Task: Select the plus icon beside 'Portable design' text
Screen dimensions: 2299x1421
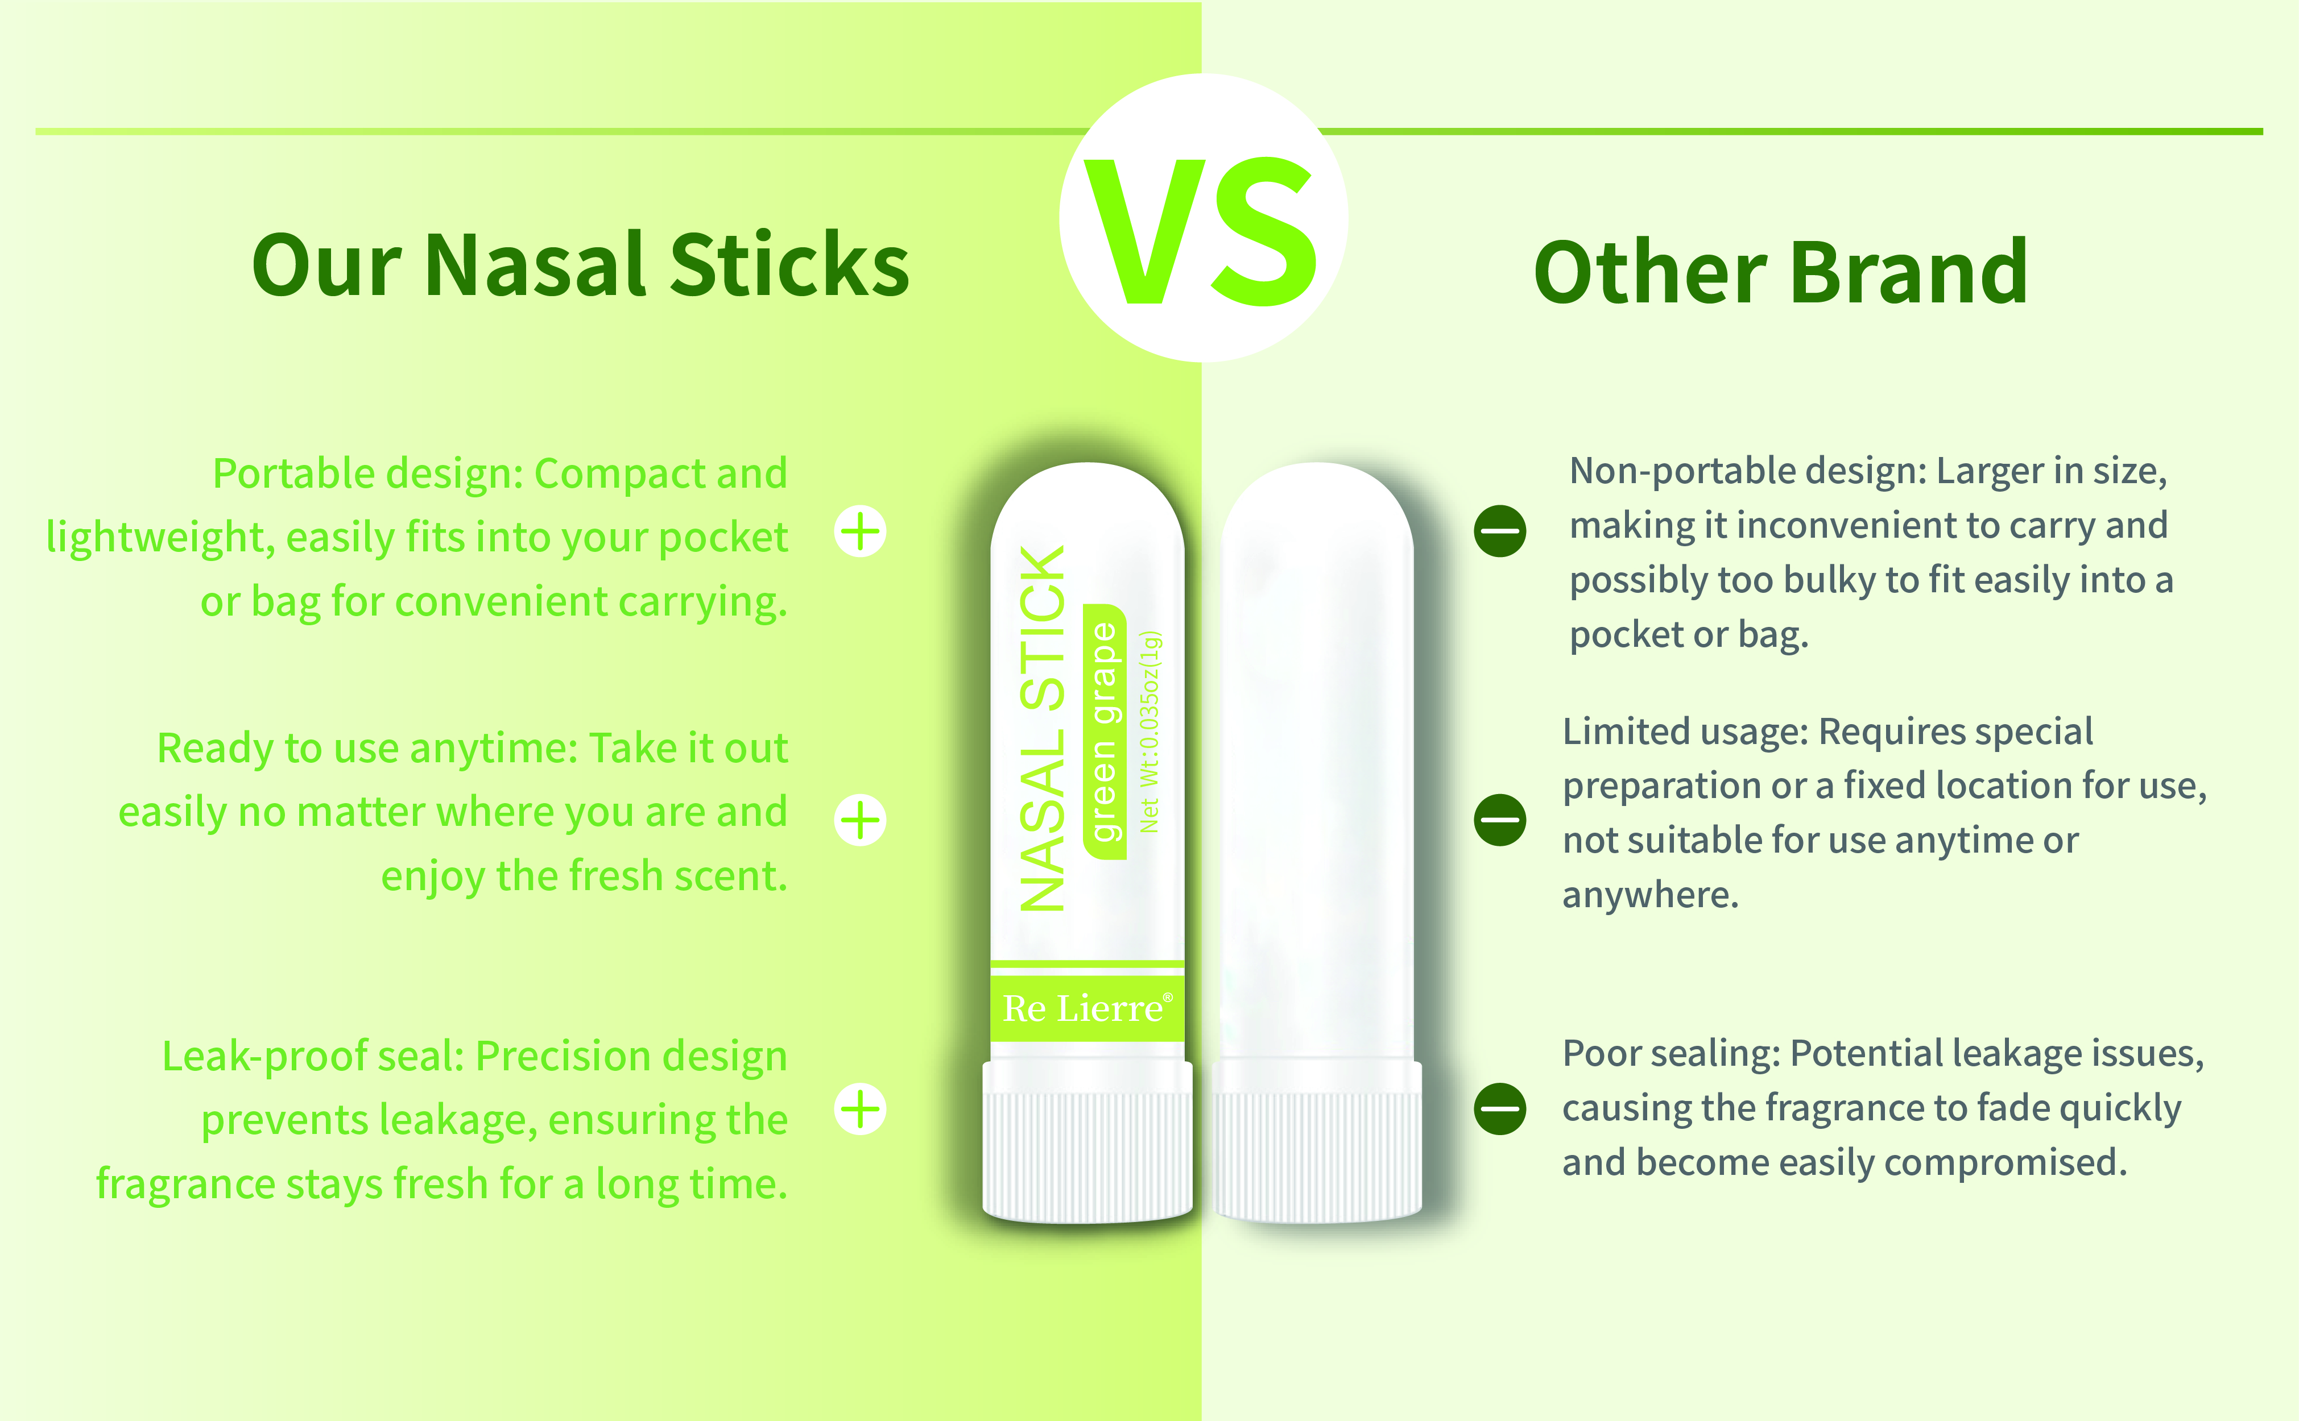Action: pyautogui.click(x=861, y=532)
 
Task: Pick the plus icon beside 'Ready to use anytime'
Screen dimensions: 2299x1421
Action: pyautogui.click(x=861, y=820)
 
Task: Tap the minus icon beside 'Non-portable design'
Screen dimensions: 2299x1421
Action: pyautogui.click(x=1500, y=531)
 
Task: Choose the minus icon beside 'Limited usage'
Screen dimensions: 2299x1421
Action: pyautogui.click(x=1500, y=820)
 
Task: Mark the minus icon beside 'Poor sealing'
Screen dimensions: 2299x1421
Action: pyautogui.click(x=1500, y=1109)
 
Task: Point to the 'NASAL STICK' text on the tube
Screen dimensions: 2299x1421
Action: pyautogui.click(x=1043, y=728)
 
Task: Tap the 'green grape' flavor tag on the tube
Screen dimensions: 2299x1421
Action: pyautogui.click(x=1104, y=731)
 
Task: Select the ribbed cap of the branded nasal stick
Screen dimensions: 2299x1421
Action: pyautogui.click(x=1087, y=1142)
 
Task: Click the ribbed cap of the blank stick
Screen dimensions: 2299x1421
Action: pyautogui.click(x=1317, y=1142)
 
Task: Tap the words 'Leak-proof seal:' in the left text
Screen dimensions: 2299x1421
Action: pyautogui.click(x=314, y=1056)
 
